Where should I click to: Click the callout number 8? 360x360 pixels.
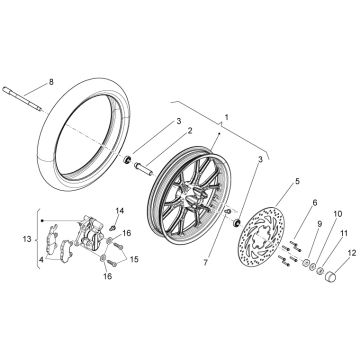(51, 82)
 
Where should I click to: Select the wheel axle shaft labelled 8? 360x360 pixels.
(22, 99)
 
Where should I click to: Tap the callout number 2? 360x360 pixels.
(190, 131)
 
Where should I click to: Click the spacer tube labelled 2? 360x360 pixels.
(143, 168)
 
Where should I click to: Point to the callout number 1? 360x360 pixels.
(227, 117)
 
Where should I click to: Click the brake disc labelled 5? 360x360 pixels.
(262, 237)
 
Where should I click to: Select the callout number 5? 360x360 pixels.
(297, 181)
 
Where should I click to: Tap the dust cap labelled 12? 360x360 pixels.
(330, 277)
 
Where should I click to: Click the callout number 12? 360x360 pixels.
(352, 253)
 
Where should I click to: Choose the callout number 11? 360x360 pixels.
(344, 233)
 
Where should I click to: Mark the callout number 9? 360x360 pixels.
(319, 224)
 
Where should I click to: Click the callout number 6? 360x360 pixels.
(315, 202)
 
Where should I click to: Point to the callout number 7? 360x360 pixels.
(206, 263)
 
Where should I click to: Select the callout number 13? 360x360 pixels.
(27, 239)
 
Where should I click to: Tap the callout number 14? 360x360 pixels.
(120, 211)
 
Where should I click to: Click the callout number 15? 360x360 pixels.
(134, 259)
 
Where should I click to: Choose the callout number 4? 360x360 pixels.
(41, 259)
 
